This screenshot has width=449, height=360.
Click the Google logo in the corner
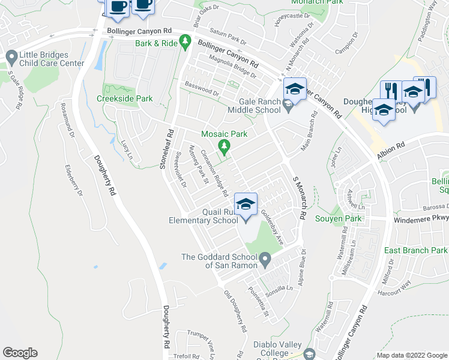(x=20, y=353)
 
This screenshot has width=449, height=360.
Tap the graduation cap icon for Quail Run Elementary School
(x=246, y=205)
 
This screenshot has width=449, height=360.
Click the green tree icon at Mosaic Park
(x=224, y=146)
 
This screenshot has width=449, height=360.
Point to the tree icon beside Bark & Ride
(x=186, y=40)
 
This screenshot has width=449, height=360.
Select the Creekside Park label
(x=125, y=98)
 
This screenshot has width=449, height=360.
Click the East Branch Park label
(x=416, y=250)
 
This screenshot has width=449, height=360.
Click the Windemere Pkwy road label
(x=421, y=220)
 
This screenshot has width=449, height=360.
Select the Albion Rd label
(x=391, y=151)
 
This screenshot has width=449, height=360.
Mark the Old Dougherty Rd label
(x=235, y=312)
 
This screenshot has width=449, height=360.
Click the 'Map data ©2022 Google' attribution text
(x=411, y=355)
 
